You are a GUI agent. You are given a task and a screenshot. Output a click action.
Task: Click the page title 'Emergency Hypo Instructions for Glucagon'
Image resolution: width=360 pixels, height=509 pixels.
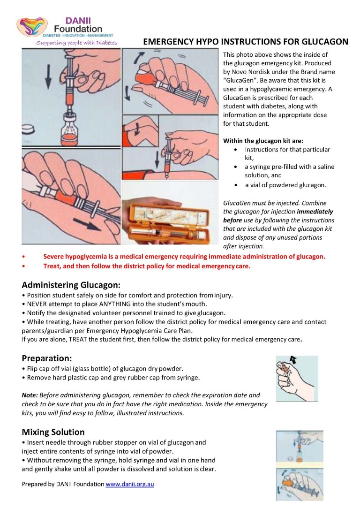click(245, 42)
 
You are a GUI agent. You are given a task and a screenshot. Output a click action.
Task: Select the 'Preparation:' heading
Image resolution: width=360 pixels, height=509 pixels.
click(46, 358)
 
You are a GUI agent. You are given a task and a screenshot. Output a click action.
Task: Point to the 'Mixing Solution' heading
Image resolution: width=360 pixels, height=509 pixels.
click(53, 432)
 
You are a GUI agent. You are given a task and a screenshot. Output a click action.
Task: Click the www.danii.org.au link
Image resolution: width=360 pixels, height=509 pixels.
click(130, 484)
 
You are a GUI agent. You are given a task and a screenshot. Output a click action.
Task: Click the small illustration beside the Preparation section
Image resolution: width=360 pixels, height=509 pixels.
click(296, 378)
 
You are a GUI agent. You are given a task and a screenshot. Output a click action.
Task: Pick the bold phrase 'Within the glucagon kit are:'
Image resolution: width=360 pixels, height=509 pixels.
click(263, 140)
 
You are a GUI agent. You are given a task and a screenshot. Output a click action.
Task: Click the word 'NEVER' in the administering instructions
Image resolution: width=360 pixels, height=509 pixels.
click(38, 304)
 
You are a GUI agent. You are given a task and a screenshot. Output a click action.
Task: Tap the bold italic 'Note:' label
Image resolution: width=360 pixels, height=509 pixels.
click(30, 395)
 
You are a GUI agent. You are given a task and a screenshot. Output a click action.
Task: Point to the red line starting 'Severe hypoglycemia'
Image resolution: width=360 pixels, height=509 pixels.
click(184, 257)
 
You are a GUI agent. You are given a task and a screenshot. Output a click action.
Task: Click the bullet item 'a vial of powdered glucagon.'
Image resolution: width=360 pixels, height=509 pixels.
click(285, 185)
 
